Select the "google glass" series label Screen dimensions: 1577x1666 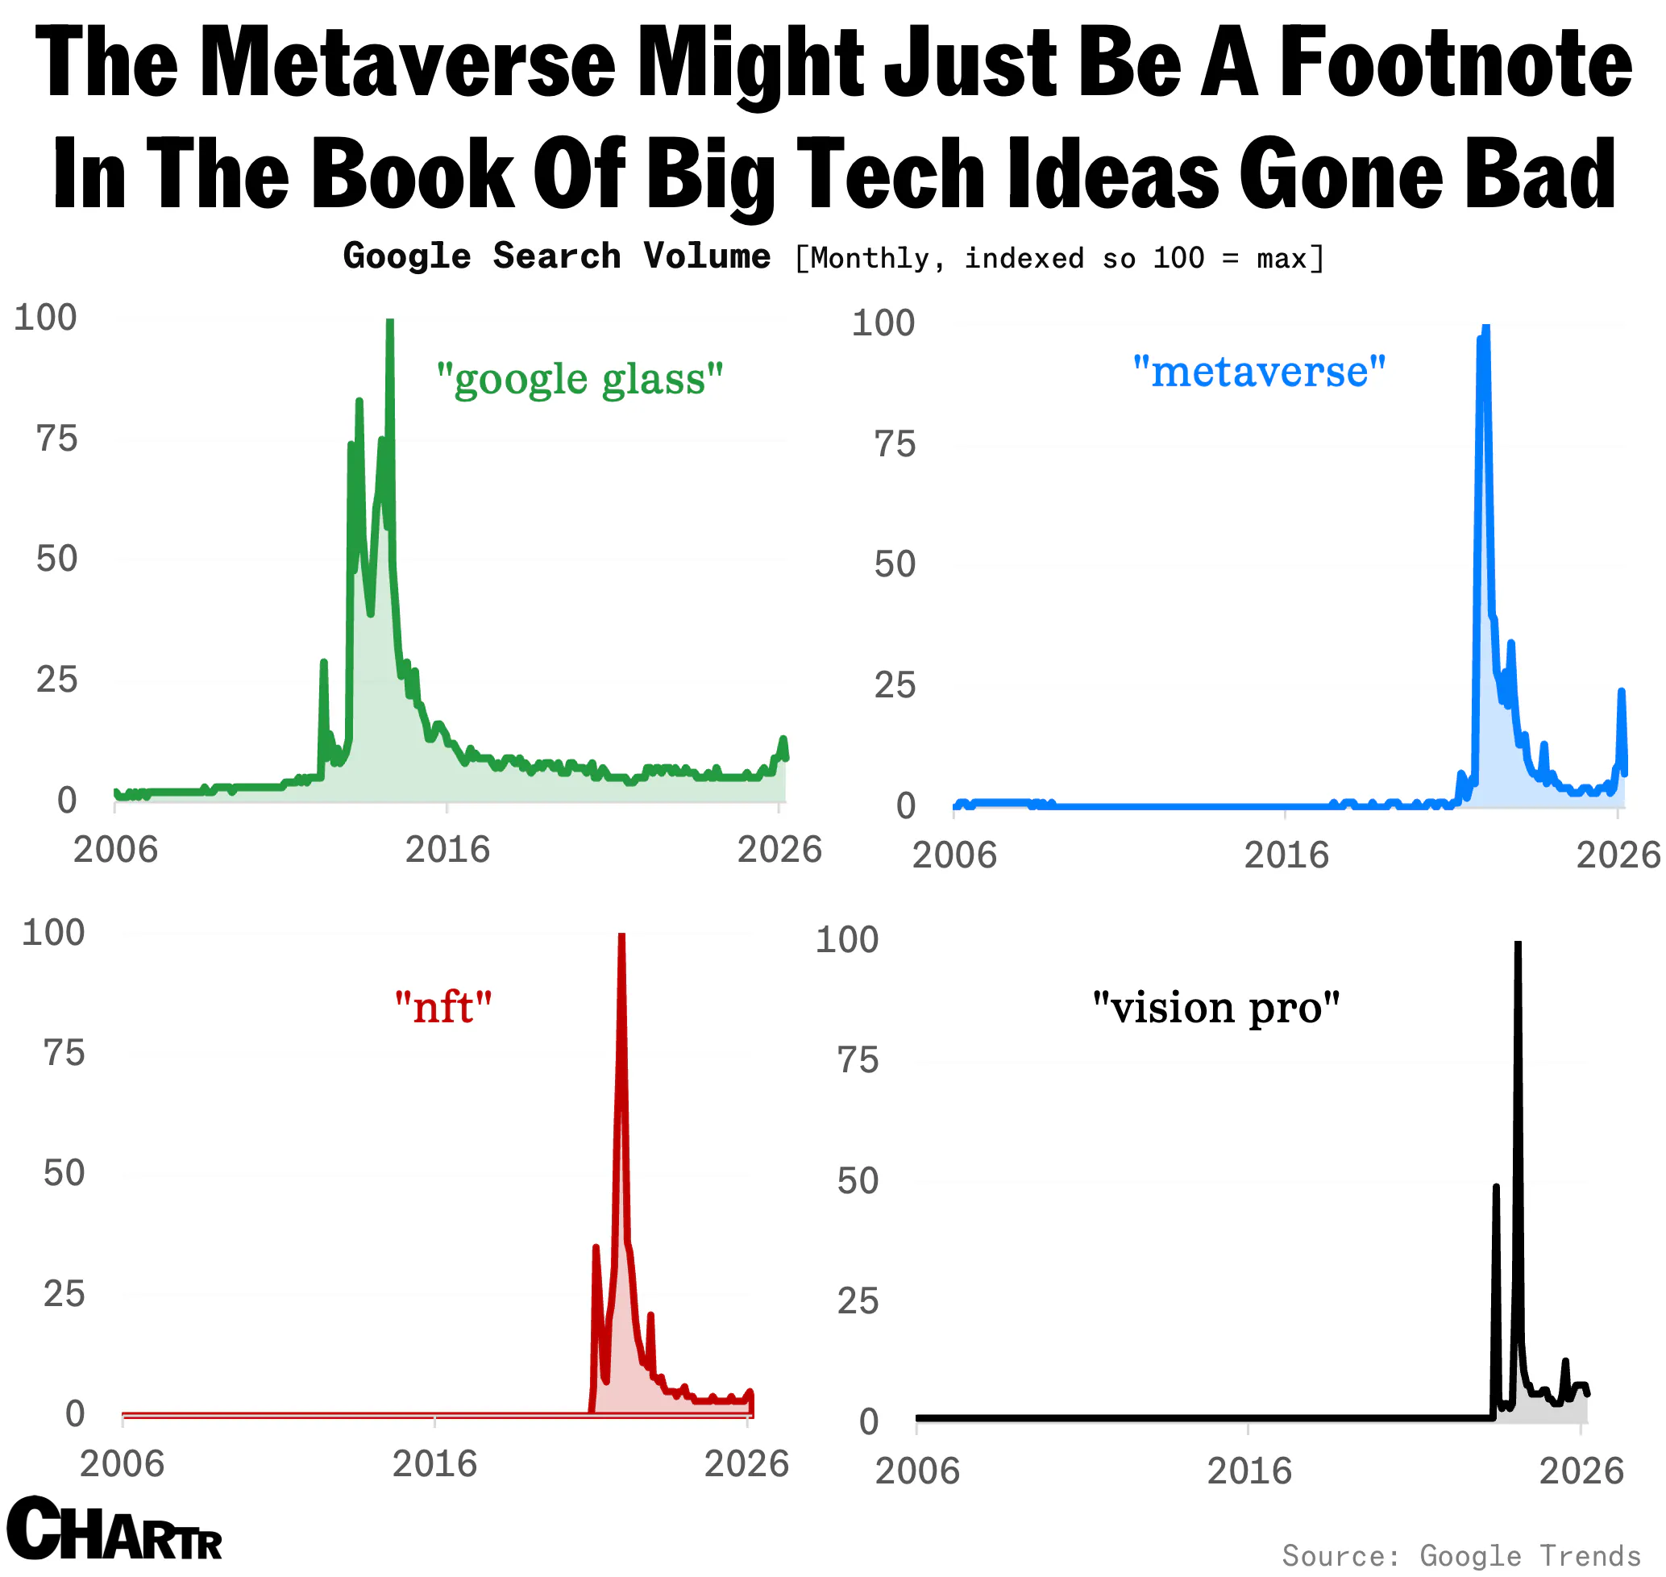pyautogui.click(x=580, y=379)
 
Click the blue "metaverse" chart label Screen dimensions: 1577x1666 pyautogui.click(x=1259, y=371)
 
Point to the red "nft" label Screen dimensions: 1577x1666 pyautogui.click(x=443, y=1006)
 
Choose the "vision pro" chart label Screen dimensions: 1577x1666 pyautogui.click(x=1215, y=1007)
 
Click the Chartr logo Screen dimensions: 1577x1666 pyautogui.click(x=114, y=1530)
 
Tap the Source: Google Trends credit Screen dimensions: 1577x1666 pyautogui.click(x=1461, y=1555)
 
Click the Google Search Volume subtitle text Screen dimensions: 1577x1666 pyautogui.click(x=556, y=256)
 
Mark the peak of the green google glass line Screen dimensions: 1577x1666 pyautogui.click(x=389, y=322)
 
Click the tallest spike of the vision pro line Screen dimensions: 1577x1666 pyautogui.click(x=1518, y=945)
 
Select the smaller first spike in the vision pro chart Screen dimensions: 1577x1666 pyautogui.click(x=1495, y=1187)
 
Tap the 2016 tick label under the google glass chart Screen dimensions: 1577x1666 pyautogui.click(x=447, y=850)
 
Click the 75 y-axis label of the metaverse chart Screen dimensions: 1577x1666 pyautogui.click(x=895, y=444)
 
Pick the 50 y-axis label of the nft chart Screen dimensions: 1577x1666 pyautogui.click(x=64, y=1172)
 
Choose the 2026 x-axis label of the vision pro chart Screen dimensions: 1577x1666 pyautogui.click(x=1581, y=1471)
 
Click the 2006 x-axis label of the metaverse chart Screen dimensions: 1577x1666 pyautogui.click(x=954, y=855)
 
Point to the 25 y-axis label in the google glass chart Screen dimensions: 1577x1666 pyautogui.click(x=56, y=679)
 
